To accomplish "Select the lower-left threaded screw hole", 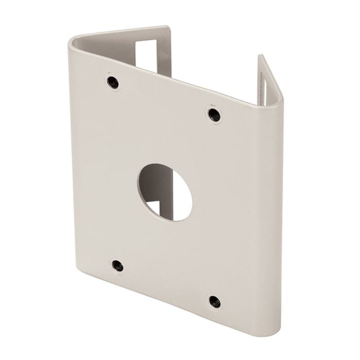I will (118, 265).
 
